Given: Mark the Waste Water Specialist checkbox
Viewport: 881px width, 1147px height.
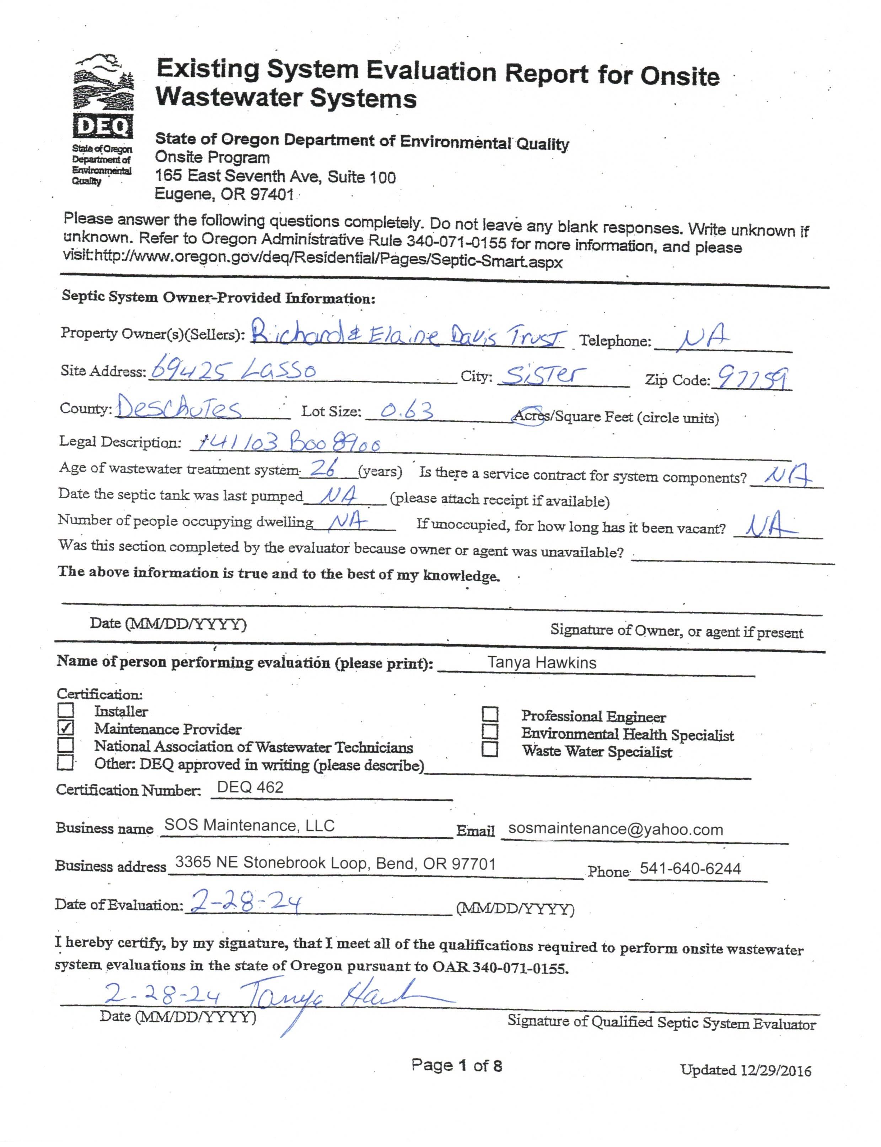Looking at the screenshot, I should click(x=490, y=749).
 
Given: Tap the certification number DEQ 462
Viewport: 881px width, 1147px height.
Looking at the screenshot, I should click(x=250, y=788).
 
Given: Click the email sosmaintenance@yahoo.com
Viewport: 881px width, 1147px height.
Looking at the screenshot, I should click(x=616, y=829).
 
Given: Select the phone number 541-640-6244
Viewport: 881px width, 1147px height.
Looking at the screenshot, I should click(x=690, y=869).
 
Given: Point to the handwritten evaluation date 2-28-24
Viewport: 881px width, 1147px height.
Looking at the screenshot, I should click(x=245, y=903).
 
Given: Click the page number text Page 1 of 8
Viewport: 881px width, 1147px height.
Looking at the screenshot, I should click(x=456, y=1065).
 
